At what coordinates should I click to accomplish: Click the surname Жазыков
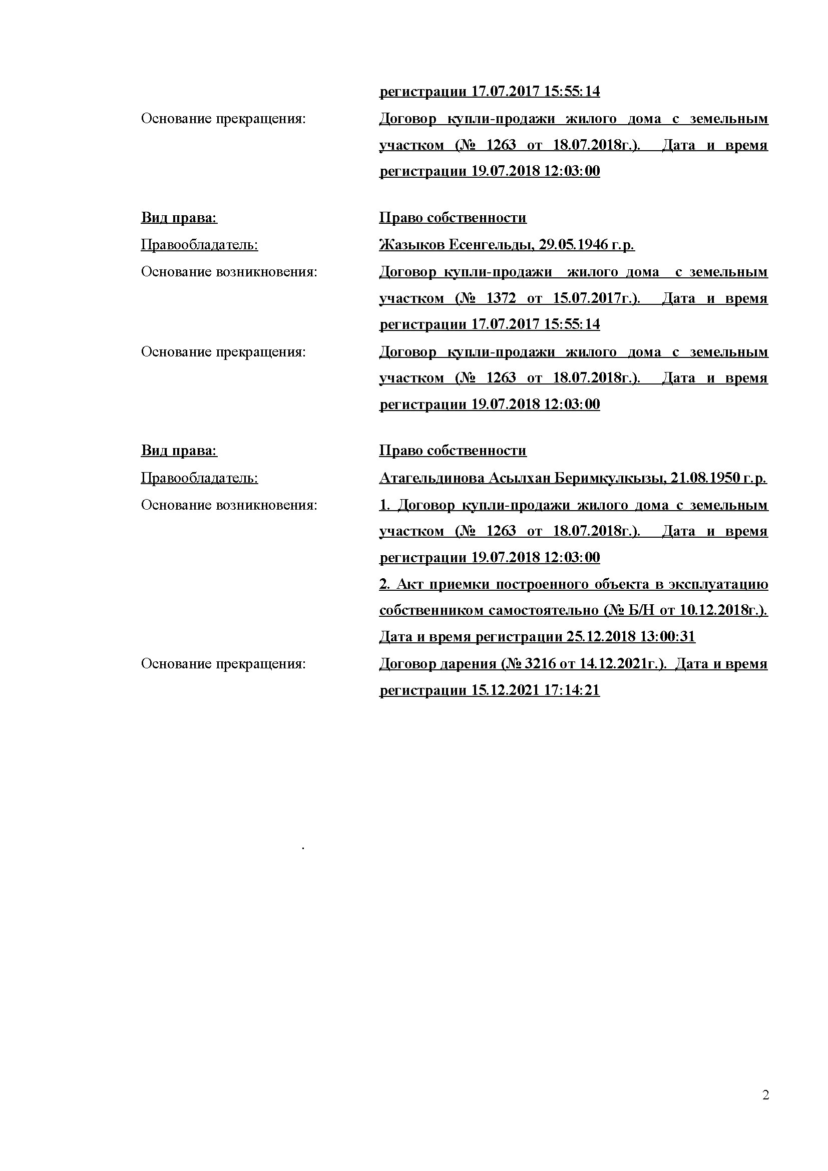(x=411, y=245)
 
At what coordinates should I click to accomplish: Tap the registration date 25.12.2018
(x=601, y=637)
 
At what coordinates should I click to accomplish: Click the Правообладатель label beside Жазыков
(x=199, y=245)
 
